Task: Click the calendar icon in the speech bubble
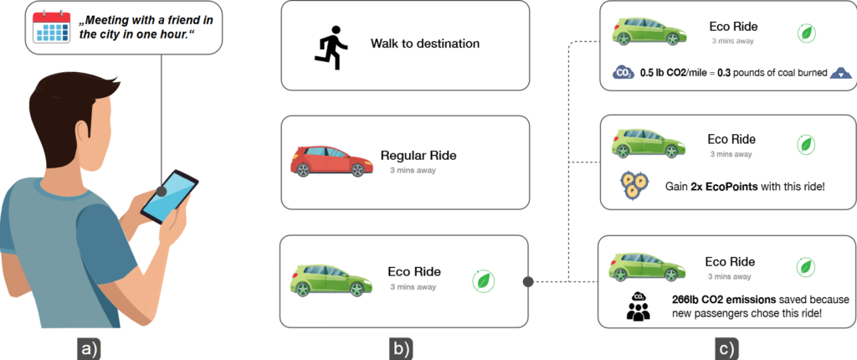point(49,27)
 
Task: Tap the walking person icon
point(331,46)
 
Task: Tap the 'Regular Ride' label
point(419,155)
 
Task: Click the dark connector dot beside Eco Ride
point(528,281)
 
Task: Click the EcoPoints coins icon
point(634,184)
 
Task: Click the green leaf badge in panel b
point(483,281)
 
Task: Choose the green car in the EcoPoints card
point(646,142)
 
